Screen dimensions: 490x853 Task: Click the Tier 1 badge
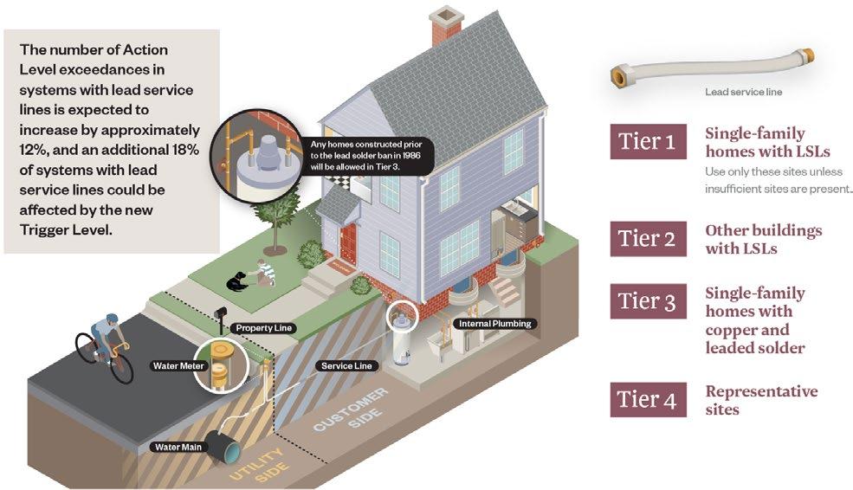coord(649,142)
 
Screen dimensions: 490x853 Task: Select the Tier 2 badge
coord(649,239)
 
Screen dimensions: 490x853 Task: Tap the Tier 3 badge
coord(649,301)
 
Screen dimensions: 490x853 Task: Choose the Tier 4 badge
coord(649,399)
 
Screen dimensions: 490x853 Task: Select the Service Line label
coord(346,365)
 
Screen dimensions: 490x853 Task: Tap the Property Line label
coord(264,328)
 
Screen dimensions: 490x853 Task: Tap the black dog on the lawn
coord(236,280)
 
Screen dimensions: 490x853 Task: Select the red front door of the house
coord(348,243)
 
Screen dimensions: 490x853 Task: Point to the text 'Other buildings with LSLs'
coord(763,239)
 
